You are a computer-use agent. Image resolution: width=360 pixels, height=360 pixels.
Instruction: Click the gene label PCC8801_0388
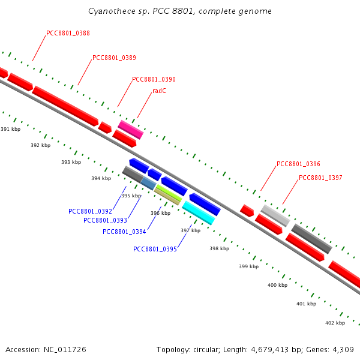pyautogui.click(x=68, y=33)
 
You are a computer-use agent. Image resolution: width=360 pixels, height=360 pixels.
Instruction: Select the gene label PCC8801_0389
pyautogui.click(x=114, y=58)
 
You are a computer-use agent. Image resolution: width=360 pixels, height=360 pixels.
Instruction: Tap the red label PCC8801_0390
pyautogui.click(x=154, y=79)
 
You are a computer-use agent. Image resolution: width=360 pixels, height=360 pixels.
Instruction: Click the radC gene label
pyautogui.click(x=159, y=91)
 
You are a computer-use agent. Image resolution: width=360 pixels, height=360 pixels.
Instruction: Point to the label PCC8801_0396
pyautogui.click(x=298, y=164)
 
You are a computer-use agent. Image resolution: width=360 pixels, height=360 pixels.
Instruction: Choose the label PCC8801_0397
pyautogui.click(x=320, y=178)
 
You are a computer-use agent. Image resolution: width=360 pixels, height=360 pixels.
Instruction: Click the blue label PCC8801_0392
pyautogui.click(x=90, y=211)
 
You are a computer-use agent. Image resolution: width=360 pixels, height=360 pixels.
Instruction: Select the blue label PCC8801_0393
pyautogui.click(x=105, y=220)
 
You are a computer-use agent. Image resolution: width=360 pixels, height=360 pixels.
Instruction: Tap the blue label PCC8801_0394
pyautogui.click(x=124, y=232)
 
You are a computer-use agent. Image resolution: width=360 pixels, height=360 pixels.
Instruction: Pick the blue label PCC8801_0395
pyautogui.click(x=155, y=249)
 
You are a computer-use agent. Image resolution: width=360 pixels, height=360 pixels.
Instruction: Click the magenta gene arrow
pyautogui.click(x=130, y=129)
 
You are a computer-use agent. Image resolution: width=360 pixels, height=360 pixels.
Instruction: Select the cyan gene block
pyautogui.click(x=198, y=212)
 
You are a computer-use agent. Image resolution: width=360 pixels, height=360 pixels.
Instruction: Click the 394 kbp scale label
pyautogui.click(x=101, y=178)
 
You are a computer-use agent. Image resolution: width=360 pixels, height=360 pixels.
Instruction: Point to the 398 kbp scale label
pyautogui.click(x=219, y=248)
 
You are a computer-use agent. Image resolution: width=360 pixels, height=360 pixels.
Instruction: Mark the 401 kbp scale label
pyautogui.click(x=306, y=304)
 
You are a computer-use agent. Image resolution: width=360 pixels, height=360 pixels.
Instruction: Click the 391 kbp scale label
pyautogui.click(x=10, y=129)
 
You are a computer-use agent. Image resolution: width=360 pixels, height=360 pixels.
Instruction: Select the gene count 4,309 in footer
pyautogui.click(x=341, y=349)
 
